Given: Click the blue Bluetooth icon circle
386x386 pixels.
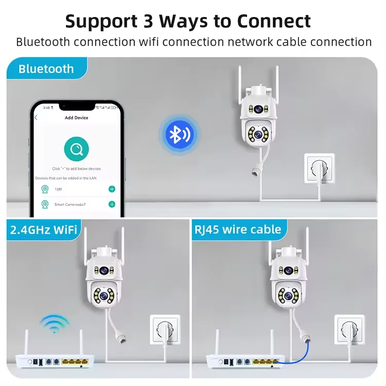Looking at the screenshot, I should click(x=179, y=135).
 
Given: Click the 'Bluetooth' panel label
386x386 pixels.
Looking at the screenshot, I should click(x=46, y=68).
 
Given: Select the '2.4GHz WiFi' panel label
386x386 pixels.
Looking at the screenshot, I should click(x=43, y=229).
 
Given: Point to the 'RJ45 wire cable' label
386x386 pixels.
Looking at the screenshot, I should click(x=237, y=229).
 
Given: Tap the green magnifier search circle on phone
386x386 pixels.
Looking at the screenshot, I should click(x=76, y=150).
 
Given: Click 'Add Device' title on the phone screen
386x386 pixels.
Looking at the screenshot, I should click(x=76, y=118).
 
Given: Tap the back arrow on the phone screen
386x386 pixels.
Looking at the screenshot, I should click(x=36, y=118).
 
